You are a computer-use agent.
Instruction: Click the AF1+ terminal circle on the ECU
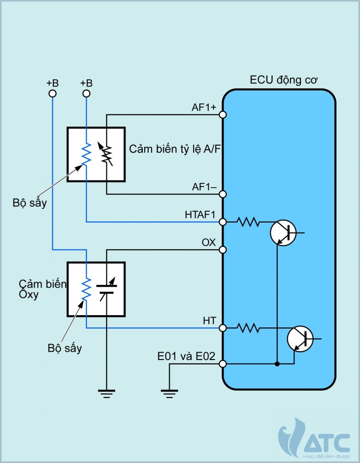pos(223,114)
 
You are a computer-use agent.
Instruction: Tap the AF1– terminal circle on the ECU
pos(223,194)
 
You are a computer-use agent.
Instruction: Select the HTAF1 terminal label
pos(200,215)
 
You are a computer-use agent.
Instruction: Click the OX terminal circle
pos(223,250)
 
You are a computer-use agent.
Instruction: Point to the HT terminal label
pos(209,321)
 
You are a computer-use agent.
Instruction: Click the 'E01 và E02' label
pos(186,356)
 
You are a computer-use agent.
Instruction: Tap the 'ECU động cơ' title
pos(284,80)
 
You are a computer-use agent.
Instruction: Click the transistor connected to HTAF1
pos(284,233)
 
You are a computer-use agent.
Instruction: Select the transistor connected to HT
pos(300,339)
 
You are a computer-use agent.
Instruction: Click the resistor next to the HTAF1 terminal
pos(248,222)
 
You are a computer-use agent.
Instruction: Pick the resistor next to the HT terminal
pos(248,328)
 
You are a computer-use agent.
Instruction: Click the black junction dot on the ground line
pos(277,364)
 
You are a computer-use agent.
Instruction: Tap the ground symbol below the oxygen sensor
pos(107,394)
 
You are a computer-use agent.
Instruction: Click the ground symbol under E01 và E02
pos(169,394)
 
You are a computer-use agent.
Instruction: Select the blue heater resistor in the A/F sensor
pos(86,154)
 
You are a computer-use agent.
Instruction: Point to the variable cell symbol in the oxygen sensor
pos(107,289)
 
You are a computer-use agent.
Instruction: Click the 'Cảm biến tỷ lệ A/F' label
pos(175,149)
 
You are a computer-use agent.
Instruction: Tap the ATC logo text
pos(327,443)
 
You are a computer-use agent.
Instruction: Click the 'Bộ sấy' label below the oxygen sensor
pos(65,349)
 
